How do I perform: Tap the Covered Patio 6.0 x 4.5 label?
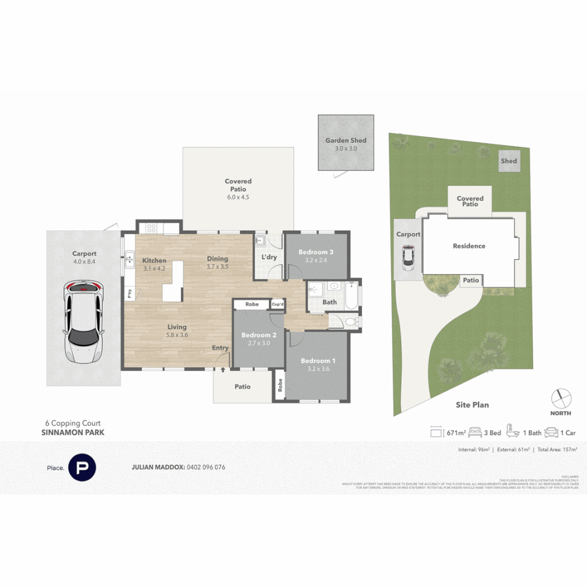click(238, 189)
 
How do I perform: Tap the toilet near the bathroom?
click(351, 322)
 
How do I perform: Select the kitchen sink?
click(130, 260)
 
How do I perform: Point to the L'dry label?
click(270, 257)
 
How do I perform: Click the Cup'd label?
click(277, 304)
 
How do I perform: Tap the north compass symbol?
click(561, 398)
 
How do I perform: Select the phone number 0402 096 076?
click(205, 467)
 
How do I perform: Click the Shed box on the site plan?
click(509, 161)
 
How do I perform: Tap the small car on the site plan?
click(408, 258)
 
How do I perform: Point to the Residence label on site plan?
click(469, 246)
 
